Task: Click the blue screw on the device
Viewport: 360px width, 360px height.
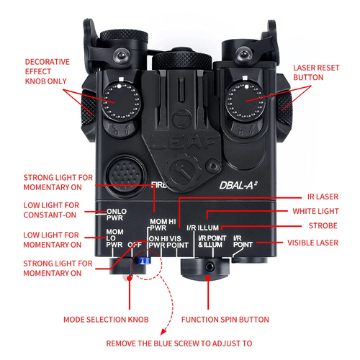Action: (143, 261)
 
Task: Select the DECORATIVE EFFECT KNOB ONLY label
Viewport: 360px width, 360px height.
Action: (42, 73)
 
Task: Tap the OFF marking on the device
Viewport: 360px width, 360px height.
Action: (133, 244)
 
